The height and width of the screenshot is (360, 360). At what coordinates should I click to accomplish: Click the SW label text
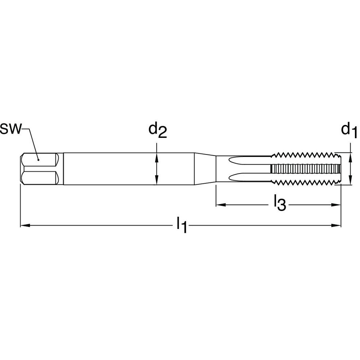tap(11, 129)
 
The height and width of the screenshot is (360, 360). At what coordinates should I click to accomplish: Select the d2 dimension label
tap(158, 130)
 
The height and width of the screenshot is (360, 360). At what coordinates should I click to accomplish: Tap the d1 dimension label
tap(349, 130)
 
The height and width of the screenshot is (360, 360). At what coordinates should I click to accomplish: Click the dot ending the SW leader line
tap(38, 158)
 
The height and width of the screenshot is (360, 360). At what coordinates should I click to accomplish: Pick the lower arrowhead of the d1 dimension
tap(350, 182)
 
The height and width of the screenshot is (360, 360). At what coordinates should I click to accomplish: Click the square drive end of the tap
tap(39, 169)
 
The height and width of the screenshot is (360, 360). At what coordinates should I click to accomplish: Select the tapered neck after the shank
tap(205, 169)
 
